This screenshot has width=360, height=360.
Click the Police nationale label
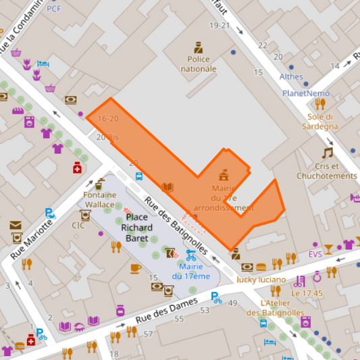[198, 63]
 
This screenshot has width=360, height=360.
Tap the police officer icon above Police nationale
[198, 48]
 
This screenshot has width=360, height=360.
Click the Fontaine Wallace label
[99, 199]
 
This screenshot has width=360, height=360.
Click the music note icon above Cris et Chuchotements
[328, 153]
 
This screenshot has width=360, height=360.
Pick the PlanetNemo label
[305, 93]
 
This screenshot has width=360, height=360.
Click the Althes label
[291, 76]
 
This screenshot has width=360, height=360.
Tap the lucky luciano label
[261, 279]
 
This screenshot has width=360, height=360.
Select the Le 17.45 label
[307, 294]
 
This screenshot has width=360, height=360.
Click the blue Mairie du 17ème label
[190, 272]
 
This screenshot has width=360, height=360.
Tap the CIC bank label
[78, 226]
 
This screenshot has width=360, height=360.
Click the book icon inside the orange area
[168, 187]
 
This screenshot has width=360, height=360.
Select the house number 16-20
[107, 118]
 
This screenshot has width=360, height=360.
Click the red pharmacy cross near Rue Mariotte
[78, 168]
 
